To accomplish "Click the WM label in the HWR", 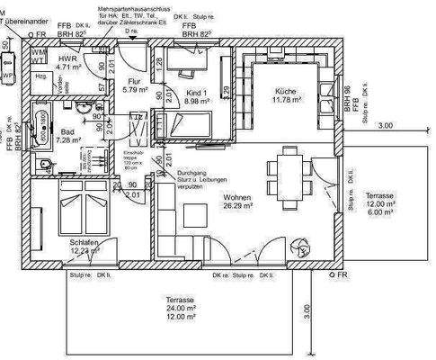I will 38,53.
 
